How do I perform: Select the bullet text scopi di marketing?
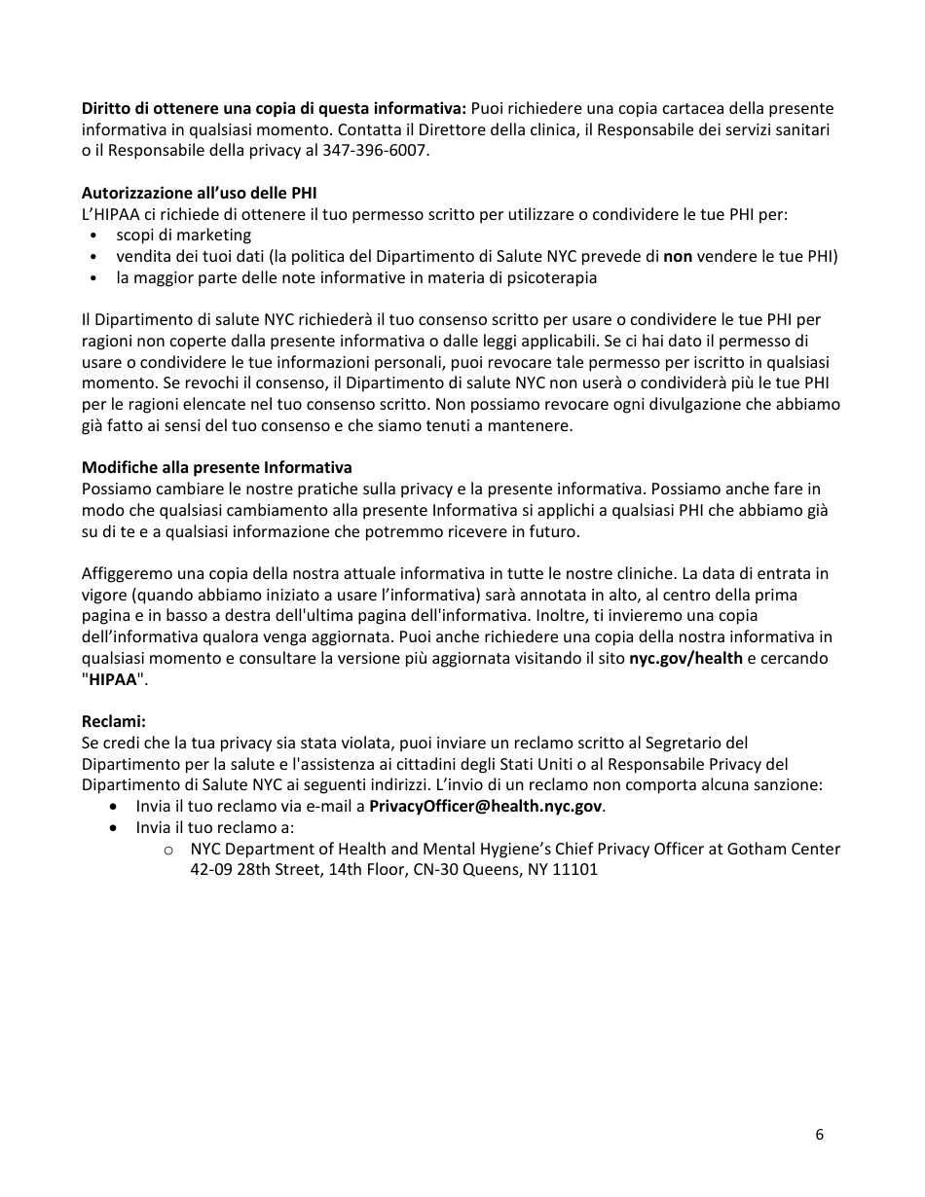click(x=183, y=235)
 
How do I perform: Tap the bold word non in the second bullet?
click(x=678, y=256)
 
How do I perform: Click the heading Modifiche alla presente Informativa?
click(x=216, y=467)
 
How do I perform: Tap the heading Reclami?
click(x=113, y=721)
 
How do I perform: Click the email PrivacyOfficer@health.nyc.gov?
click(x=486, y=806)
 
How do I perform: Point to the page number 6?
click(x=819, y=1134)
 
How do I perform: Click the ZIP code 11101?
click(x=575, y=869)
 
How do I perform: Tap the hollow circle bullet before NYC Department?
click(x=168, y=850)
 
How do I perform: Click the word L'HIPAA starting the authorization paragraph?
click(x=111, y=214)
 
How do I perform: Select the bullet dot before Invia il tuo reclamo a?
click(x=116, y=827)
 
